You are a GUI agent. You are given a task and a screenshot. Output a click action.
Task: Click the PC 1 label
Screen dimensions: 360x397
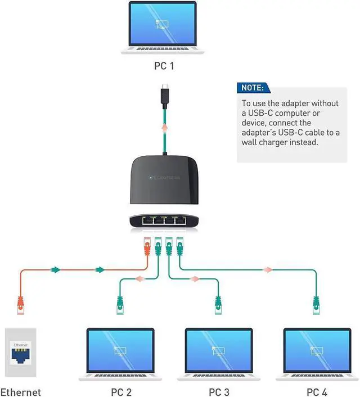pos(164,66)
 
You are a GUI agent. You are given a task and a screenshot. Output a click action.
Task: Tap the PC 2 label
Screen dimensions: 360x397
pos(121,392)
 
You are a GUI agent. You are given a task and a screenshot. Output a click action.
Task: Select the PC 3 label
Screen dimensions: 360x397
pos(219,392)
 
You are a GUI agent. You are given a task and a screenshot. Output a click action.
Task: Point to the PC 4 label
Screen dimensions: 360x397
pos(317,392)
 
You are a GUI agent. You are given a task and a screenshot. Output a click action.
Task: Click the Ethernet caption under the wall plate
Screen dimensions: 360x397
pos(20,392)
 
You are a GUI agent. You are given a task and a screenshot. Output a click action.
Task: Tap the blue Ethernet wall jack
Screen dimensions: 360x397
pos(20,355)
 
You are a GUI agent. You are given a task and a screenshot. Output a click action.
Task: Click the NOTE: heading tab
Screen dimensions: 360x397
pos(253,88)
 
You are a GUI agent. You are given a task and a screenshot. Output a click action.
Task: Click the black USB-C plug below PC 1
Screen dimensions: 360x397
pos(165,96)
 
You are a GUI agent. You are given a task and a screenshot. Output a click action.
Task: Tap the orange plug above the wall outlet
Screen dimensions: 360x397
pos(20,305)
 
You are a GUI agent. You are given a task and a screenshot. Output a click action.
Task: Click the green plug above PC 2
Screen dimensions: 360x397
pos(120,305)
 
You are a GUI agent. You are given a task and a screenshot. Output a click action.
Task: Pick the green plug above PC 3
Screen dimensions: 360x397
pos(218,305)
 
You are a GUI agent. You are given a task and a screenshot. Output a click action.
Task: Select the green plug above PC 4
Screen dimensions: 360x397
pos(316,305)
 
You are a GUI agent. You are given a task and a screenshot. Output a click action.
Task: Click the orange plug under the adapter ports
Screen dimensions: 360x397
pos(147,246)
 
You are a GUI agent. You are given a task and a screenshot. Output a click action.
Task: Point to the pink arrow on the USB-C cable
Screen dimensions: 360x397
pos(165,127)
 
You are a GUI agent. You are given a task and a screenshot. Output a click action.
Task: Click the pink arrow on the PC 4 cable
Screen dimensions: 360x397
pos(268,270)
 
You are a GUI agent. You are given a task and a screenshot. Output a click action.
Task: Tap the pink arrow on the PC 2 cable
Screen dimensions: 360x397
pos(139,279)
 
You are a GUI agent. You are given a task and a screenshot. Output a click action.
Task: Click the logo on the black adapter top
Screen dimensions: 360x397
pos(164,178)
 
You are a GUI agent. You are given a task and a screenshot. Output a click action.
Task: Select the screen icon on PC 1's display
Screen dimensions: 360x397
pos(162,24)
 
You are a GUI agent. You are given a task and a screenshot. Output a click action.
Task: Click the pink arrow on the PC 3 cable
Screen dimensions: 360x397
pos(195,279)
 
